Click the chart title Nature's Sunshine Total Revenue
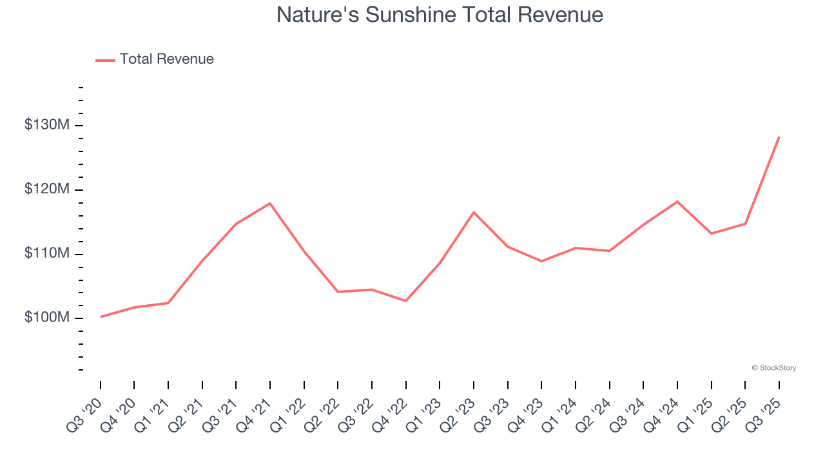440,15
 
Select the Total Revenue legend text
166,59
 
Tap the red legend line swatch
105,60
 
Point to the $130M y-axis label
46,125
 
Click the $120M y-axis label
46,189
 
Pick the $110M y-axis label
46,254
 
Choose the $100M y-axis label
46,318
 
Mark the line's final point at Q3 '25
779,137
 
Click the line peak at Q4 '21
270,203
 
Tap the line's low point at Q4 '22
406,301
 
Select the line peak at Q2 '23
474,212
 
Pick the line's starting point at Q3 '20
101,317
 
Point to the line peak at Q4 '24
677,202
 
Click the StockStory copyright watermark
773,368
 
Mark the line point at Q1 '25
712,233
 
